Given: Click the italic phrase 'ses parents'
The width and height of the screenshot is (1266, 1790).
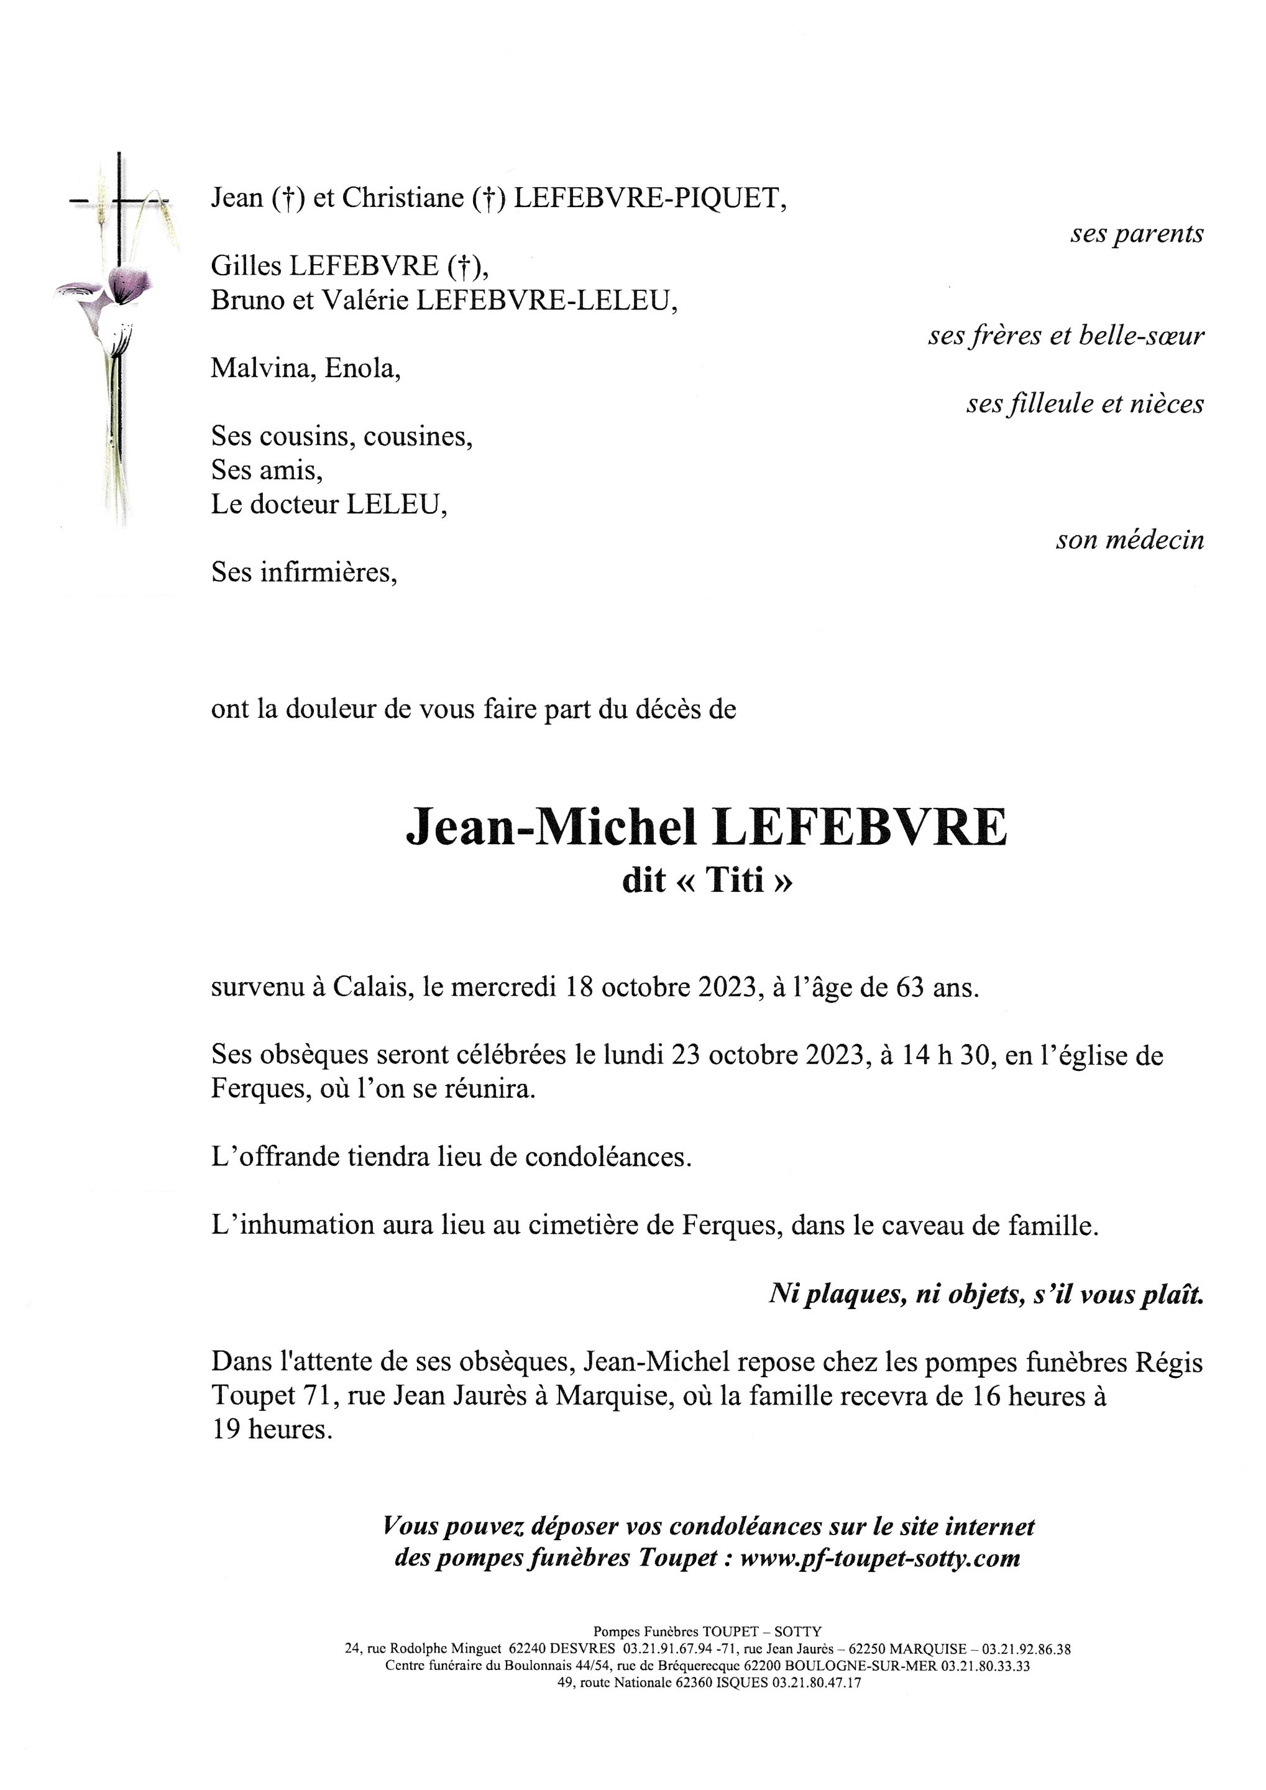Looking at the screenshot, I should point(1137,233).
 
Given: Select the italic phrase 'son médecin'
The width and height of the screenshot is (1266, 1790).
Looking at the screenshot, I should point(1129,539).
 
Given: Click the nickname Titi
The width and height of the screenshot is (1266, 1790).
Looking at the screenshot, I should point(735,880).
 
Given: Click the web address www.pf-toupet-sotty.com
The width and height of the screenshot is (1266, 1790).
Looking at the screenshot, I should point(879,1558).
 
